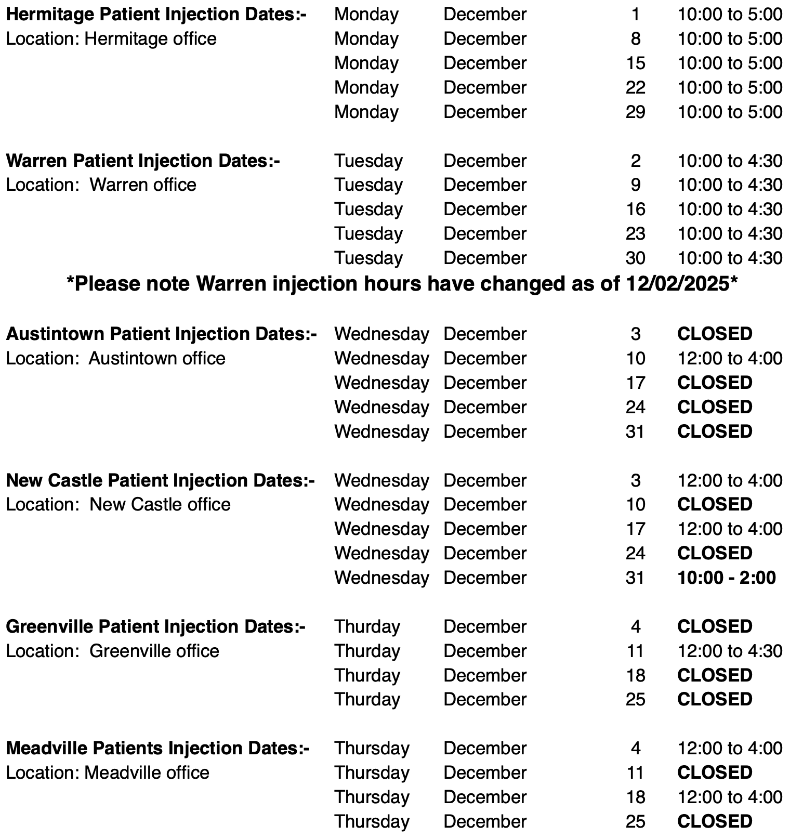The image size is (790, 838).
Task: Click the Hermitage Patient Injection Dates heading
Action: [156, 15]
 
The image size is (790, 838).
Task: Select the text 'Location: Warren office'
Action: [101, 185]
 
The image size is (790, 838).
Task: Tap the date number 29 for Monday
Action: [635, 112]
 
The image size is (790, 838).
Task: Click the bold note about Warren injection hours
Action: [402, 284]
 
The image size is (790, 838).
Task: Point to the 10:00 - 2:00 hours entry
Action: [726, 578]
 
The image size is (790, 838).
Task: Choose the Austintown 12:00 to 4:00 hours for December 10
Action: [729, 359]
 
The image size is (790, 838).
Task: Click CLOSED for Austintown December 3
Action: [715, 334]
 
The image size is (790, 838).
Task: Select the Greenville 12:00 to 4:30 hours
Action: [729, 651]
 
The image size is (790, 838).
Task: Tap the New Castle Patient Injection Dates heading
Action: [160, 480]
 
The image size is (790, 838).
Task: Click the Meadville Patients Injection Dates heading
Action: [157, 749]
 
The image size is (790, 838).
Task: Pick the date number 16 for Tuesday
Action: [635, 209]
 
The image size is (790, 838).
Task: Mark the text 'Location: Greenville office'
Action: [112, 651]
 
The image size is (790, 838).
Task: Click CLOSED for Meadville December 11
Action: [715, 773]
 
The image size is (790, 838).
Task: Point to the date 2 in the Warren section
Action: [635, 161]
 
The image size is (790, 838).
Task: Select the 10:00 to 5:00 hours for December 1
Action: [729, 15]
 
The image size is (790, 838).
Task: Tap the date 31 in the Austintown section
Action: [635, 431]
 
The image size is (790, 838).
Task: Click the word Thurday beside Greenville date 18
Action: [367, 675]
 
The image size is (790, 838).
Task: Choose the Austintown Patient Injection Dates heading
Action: [161, 334]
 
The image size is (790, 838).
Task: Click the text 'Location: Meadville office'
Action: [107, 773]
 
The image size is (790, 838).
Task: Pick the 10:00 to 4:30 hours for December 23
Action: [729, 234]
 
